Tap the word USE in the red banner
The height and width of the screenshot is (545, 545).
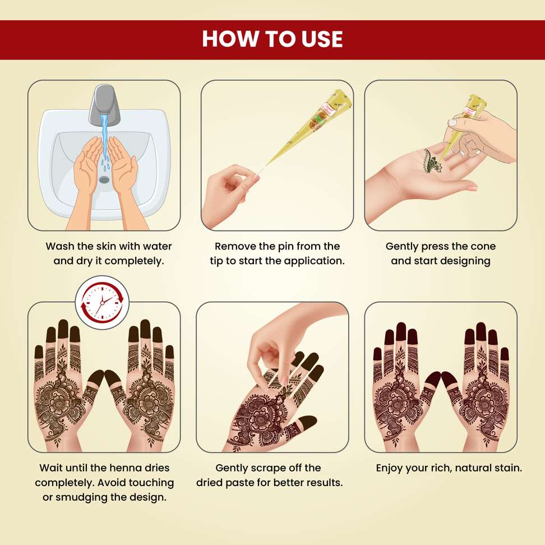point(322,39)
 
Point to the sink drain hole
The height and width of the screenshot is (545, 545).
point(104,179)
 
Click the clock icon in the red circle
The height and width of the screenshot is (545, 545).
point(102,302)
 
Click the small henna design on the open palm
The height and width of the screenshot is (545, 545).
point(433,161)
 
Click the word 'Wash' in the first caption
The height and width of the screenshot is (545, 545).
point(60,247)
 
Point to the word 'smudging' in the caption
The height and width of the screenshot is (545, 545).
point(82,497)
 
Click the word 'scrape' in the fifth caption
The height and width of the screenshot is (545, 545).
point(269,468)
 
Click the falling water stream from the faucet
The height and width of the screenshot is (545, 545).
point(104,139)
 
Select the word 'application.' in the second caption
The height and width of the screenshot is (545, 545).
point(314,261)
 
